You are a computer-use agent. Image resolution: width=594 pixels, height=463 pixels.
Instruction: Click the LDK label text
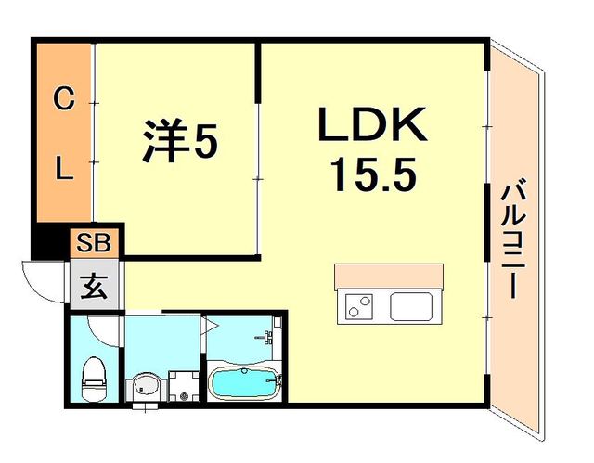(373, 126)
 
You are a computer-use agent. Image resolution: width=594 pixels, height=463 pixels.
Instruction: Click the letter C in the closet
(63, 99)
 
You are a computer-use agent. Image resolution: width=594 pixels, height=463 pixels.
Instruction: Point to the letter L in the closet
(63, 169)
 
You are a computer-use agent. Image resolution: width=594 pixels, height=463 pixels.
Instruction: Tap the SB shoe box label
(94, 243)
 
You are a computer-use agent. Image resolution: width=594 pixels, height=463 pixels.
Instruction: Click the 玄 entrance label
(94, 285)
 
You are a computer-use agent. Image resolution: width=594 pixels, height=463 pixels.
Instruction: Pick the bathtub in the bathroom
(243, 382)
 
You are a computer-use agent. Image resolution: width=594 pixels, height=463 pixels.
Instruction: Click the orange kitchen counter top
(389, 277)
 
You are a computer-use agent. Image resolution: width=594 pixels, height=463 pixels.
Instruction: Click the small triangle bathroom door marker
(210, 326)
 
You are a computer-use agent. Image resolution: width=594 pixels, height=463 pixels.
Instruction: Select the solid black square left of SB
(51, 244)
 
